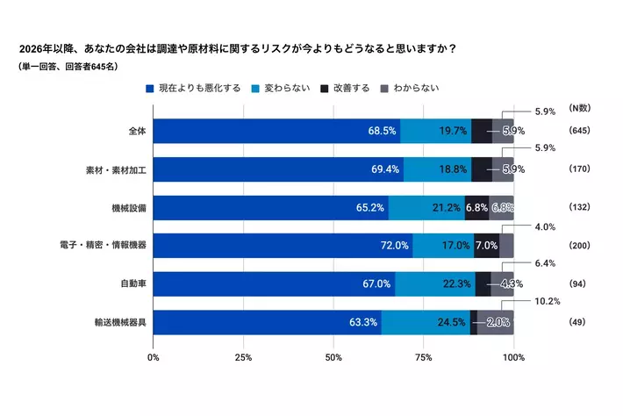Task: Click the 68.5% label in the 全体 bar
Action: point(383,131)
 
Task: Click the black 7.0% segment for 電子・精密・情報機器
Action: point(486,246)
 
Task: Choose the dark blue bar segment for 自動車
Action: point(274,283)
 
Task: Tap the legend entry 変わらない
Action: point(286,89)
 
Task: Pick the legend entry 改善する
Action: point(350,89)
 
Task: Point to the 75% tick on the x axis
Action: point(424,357)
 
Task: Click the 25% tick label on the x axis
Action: point(244,357)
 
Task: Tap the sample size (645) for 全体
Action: point(579,131)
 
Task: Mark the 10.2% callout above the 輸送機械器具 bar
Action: point(547,300)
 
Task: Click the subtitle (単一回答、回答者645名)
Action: point(68,67)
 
